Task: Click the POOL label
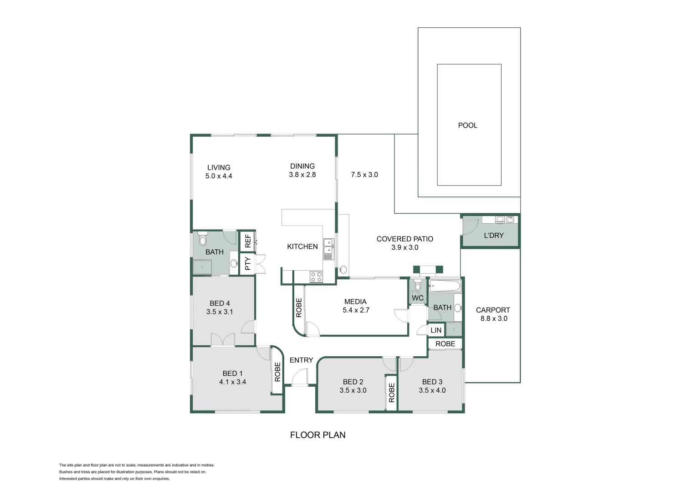[x=467, y=125]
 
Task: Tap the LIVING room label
[x=219, y=168]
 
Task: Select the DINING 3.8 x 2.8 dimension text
[x=302, y=174]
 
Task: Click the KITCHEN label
[x=302, y=246]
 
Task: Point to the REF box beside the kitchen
[x=247, y=241]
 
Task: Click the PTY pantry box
[x=247, y=264]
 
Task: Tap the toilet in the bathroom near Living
[x=203, y=239]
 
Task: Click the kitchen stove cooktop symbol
[x=316, y=277]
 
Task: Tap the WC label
[x=418, y=298]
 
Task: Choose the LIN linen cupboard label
[x=436, y=330]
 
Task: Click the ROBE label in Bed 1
[x=277, y=372]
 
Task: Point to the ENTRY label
[x=301, y=360]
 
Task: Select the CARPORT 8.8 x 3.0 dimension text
[x=494, y=318]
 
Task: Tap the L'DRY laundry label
[x=494, y=236]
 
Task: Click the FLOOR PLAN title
[x=317, y=435]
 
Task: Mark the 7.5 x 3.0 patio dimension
[x=364, y=174]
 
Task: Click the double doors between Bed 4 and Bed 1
[x=223, y=340]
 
